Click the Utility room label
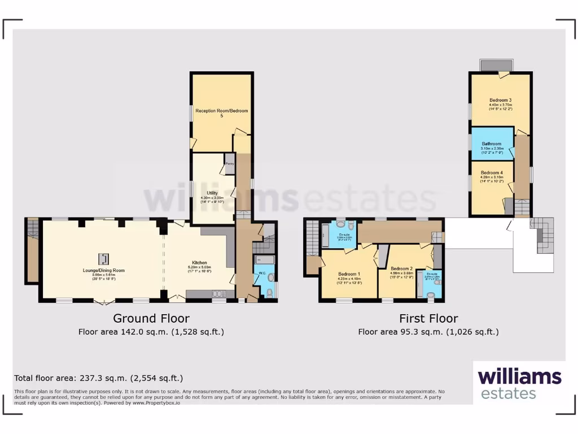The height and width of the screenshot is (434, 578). click(x=212, y=193)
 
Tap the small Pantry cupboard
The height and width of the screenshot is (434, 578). click(x=229, y=164)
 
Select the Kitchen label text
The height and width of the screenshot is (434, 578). click(x=199, y=263)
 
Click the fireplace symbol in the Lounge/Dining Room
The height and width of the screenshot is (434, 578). click(x=103, y=259)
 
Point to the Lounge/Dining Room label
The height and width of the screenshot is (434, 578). click(x=103, y=270)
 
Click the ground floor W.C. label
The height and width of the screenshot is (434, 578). click(x=261, y=274)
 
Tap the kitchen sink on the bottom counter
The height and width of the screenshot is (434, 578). click(x=217, y=294)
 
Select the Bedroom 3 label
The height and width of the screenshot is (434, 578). click(x=500, y=99)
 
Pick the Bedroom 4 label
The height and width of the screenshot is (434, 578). click(x=492, y=172)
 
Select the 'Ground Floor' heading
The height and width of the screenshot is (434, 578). click(x=151, y=318)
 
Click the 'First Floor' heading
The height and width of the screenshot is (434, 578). click(x=428, y=318)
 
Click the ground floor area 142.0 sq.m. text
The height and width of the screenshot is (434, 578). click(x=151, y=332)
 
